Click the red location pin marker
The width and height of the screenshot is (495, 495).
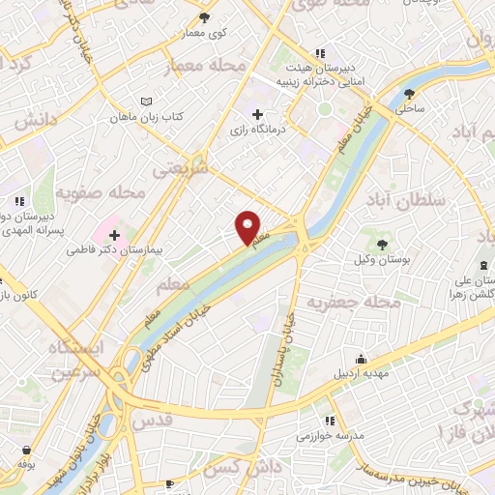point(248,227)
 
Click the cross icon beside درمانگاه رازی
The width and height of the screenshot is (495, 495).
point(257,115)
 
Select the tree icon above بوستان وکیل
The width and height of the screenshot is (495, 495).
point(382,243)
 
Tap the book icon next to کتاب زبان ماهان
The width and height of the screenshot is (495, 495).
point(146,102)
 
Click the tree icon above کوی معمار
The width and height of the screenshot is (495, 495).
point(204,18)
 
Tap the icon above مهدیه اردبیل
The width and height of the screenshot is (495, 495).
point(361,358)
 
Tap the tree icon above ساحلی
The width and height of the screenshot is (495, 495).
point(411,94)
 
